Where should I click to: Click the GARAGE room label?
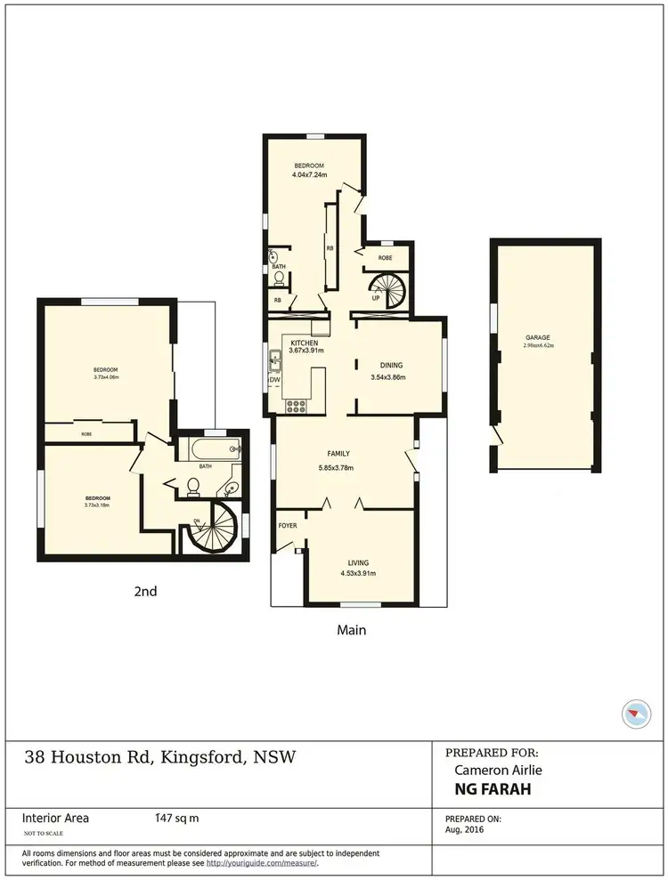click(538, 337)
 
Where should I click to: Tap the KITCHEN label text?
click(305, 343)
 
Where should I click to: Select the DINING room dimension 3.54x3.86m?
click(387, 377)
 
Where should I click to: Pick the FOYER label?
click(288, 526)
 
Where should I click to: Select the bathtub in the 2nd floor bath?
click(211, 449)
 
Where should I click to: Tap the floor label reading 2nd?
click(144, 590)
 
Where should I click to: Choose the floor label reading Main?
click(351, 629)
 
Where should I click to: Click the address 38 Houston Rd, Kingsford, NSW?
click(160, 758)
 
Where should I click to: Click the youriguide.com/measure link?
click(262, 862)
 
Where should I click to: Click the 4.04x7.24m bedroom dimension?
click(309, 175)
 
